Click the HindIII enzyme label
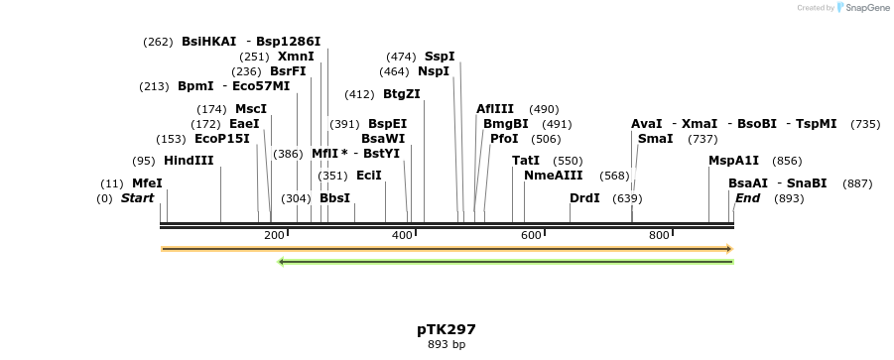(189, 161)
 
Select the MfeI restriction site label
(147, 183)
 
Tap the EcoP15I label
(222, 139)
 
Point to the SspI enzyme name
(440, 57)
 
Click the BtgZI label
(402, 94)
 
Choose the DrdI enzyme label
(584, 198)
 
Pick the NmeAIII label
(553, 176)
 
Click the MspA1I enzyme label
(733, 161)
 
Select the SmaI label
(655, 139)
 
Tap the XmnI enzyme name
(296, 57)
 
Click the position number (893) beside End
(789, 198)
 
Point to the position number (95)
(145, 161)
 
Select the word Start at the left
(137, 198)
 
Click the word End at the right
(747, 198)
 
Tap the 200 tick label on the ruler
(274, 235)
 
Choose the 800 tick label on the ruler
(659, 235)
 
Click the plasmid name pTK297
(447, 329)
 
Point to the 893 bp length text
(447, 345)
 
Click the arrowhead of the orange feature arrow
(729, 249)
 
